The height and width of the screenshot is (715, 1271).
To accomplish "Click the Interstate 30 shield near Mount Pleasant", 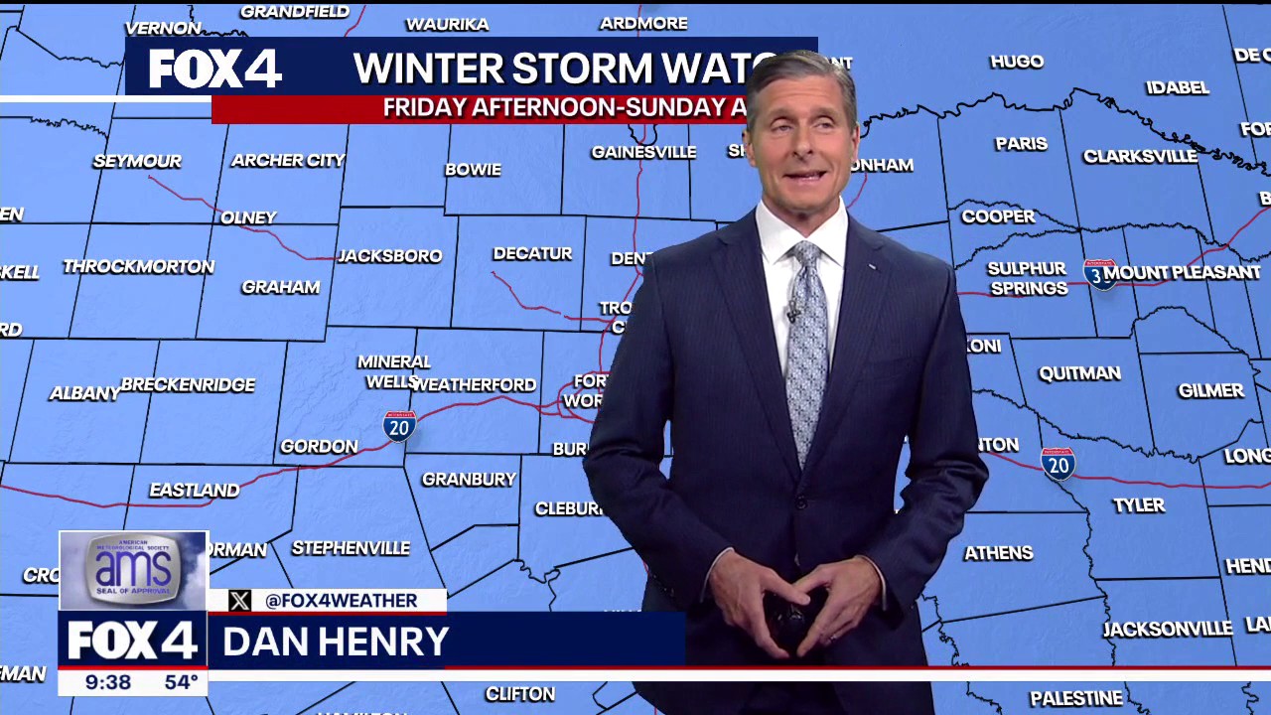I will point(1099,273).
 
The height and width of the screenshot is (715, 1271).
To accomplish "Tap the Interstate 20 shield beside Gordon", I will point(399,426).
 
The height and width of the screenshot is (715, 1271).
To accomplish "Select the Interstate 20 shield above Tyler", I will point(1059,463).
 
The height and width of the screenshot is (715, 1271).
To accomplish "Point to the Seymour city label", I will point(137,161).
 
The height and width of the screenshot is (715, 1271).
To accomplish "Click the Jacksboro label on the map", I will point(390,256).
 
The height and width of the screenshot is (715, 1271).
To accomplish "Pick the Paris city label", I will point(1021,144).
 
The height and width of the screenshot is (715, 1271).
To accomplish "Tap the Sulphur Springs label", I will point(1027,279).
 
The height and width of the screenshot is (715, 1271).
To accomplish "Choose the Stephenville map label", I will point(351,548).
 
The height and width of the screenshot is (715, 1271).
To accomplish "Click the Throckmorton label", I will point(139,266).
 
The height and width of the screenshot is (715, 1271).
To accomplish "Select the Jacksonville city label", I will point(1168,629).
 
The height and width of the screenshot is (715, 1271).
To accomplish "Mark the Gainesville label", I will point(643,152).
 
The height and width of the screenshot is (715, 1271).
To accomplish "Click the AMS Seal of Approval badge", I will point(133,570).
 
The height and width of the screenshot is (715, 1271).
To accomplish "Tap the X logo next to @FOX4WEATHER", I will point(239,600).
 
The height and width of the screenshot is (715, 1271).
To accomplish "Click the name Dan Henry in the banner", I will point(336,642).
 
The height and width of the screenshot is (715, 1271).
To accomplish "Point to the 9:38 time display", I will point(107,682).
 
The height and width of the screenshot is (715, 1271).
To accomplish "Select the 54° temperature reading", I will point(181,682).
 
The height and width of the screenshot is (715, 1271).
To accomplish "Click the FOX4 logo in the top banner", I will point(215,69).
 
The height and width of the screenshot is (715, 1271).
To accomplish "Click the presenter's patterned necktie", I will point(806,348).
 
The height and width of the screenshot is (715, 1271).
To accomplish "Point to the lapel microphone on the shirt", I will point(792,313).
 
